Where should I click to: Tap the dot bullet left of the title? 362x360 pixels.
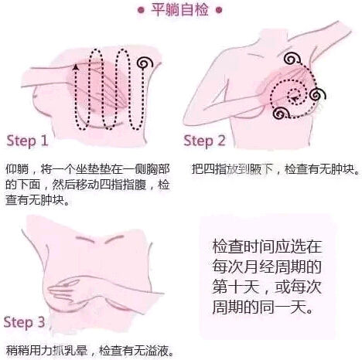click(140, 10)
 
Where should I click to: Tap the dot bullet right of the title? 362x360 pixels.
click(222, 10)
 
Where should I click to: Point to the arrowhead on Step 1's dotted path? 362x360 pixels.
click(75, 68)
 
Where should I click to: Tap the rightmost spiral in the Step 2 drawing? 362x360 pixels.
click(321, 94)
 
